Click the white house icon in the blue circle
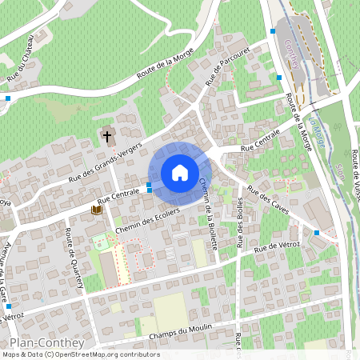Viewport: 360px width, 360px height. [x=179, y=172]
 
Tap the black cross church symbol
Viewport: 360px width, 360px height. [x=107, y=136]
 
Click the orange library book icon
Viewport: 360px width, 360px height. [x=96, y=210]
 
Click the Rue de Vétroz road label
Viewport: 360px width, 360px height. [x=277, y=248]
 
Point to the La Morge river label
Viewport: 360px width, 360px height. [x=318, y=130]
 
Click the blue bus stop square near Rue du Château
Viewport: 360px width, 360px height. [x=8, y=98]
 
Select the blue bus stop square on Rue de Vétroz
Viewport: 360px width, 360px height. [x=317, y=233]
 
